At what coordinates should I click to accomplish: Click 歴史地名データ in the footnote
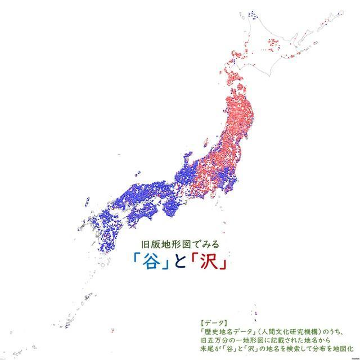click(x=228, y=332)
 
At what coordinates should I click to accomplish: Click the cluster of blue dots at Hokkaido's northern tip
click(x=253, y=13)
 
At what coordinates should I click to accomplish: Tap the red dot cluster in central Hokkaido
click(x=275, y=43)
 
